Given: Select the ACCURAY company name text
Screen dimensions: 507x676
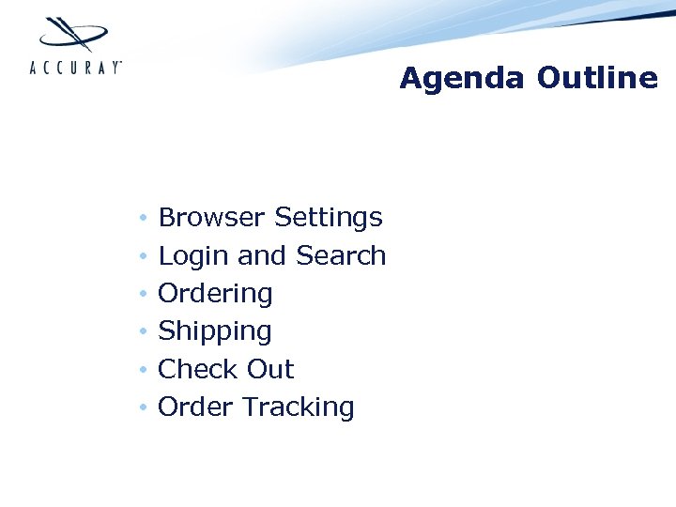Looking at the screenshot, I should tap(76, 67).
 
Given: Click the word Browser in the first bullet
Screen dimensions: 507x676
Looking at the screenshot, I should tap(212, 218).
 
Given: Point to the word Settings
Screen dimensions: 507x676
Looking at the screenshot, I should tap(329, 219).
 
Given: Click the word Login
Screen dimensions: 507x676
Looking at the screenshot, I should tap(193, 256).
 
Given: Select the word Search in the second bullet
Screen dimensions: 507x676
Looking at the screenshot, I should tap(341, 255).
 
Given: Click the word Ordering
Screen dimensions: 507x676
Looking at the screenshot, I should tap(215, 294).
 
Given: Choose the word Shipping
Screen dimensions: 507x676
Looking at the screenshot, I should tap(214, 332).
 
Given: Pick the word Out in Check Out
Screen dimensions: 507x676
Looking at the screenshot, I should tap(270, 369).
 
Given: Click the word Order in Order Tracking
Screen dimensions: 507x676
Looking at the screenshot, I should tap(196, 407).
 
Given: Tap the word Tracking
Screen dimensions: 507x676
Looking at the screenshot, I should tap(299, 408).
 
